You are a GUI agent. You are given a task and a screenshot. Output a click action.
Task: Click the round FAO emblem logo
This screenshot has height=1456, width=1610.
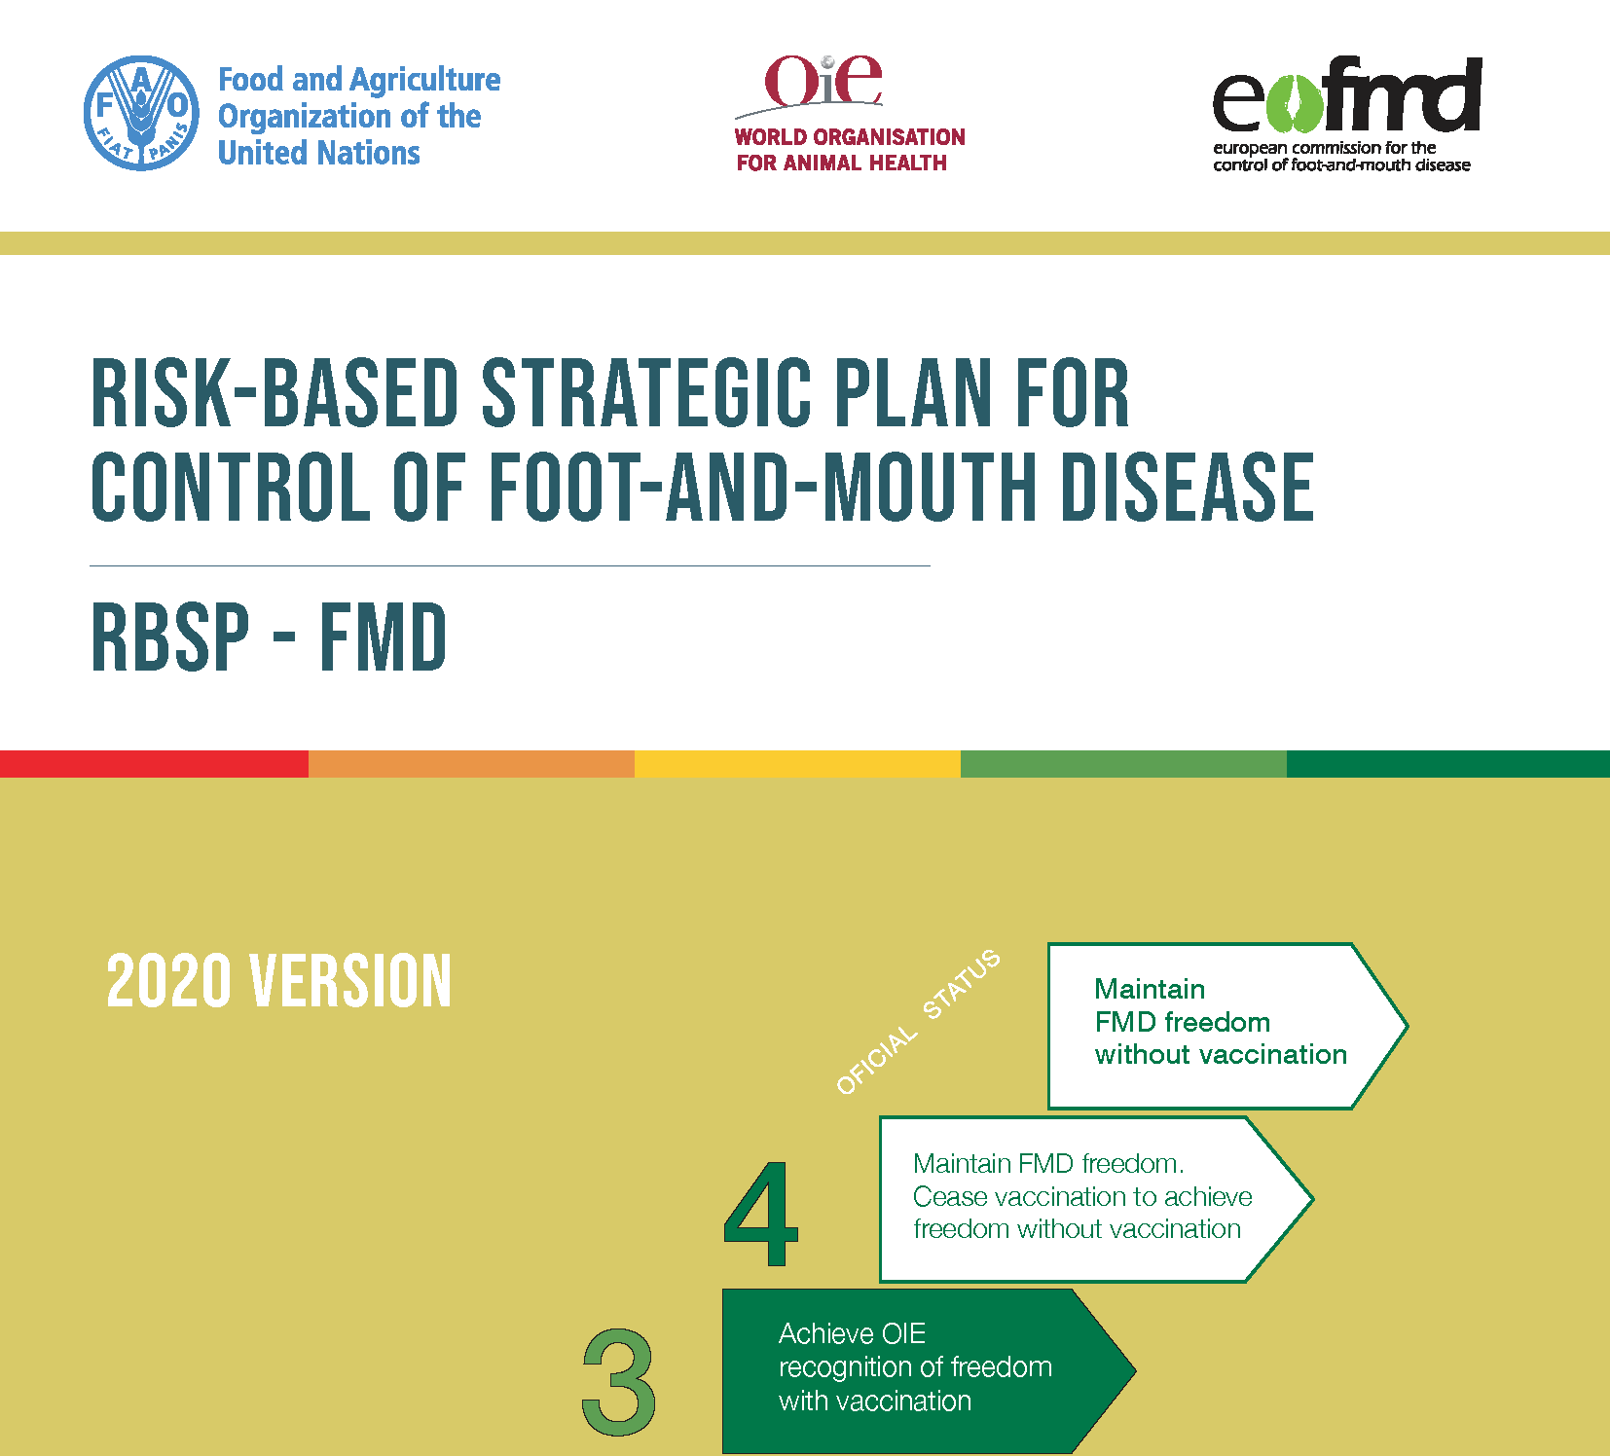pos(142,113)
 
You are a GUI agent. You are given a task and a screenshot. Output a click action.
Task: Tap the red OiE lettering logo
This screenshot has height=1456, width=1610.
pos(823,81)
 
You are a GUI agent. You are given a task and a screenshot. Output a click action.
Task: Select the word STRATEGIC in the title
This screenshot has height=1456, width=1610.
pos(646,393)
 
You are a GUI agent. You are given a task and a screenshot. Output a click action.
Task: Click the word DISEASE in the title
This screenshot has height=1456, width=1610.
pos(1188,487)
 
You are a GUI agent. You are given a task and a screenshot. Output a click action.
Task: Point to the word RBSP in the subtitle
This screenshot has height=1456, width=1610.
pos(171,637)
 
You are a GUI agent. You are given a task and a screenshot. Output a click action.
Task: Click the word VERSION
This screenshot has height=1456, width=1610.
pos(350,981)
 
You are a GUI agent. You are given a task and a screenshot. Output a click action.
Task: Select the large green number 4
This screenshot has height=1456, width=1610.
pos(761,1214)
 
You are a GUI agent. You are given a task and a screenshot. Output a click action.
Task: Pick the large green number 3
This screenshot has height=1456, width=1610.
pos(619,1382)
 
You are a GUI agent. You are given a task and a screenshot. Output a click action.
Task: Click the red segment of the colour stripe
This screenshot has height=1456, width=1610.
pos(154,764)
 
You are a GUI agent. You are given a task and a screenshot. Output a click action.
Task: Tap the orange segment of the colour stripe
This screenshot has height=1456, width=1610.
pos(471,764)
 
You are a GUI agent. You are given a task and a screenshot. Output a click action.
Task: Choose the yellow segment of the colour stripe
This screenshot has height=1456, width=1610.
pos(797,764)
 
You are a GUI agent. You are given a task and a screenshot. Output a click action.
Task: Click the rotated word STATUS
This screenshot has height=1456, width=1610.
pos(961,984)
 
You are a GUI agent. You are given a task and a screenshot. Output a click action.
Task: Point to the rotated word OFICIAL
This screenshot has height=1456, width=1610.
pos(877,1060)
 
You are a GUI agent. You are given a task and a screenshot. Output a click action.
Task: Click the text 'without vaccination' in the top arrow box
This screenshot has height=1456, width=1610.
pos(1221,1055)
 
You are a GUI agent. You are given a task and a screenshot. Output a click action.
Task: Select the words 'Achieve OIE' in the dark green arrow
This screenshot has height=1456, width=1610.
pos(852,1333)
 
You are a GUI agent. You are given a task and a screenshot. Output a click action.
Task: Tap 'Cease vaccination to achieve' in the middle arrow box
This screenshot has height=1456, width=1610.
pos(1082,1196)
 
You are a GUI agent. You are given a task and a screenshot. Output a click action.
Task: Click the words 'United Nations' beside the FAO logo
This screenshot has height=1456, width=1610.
pos(319,153)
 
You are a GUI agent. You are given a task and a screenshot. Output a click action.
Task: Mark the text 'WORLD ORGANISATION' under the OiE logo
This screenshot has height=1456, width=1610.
pos(850,137)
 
